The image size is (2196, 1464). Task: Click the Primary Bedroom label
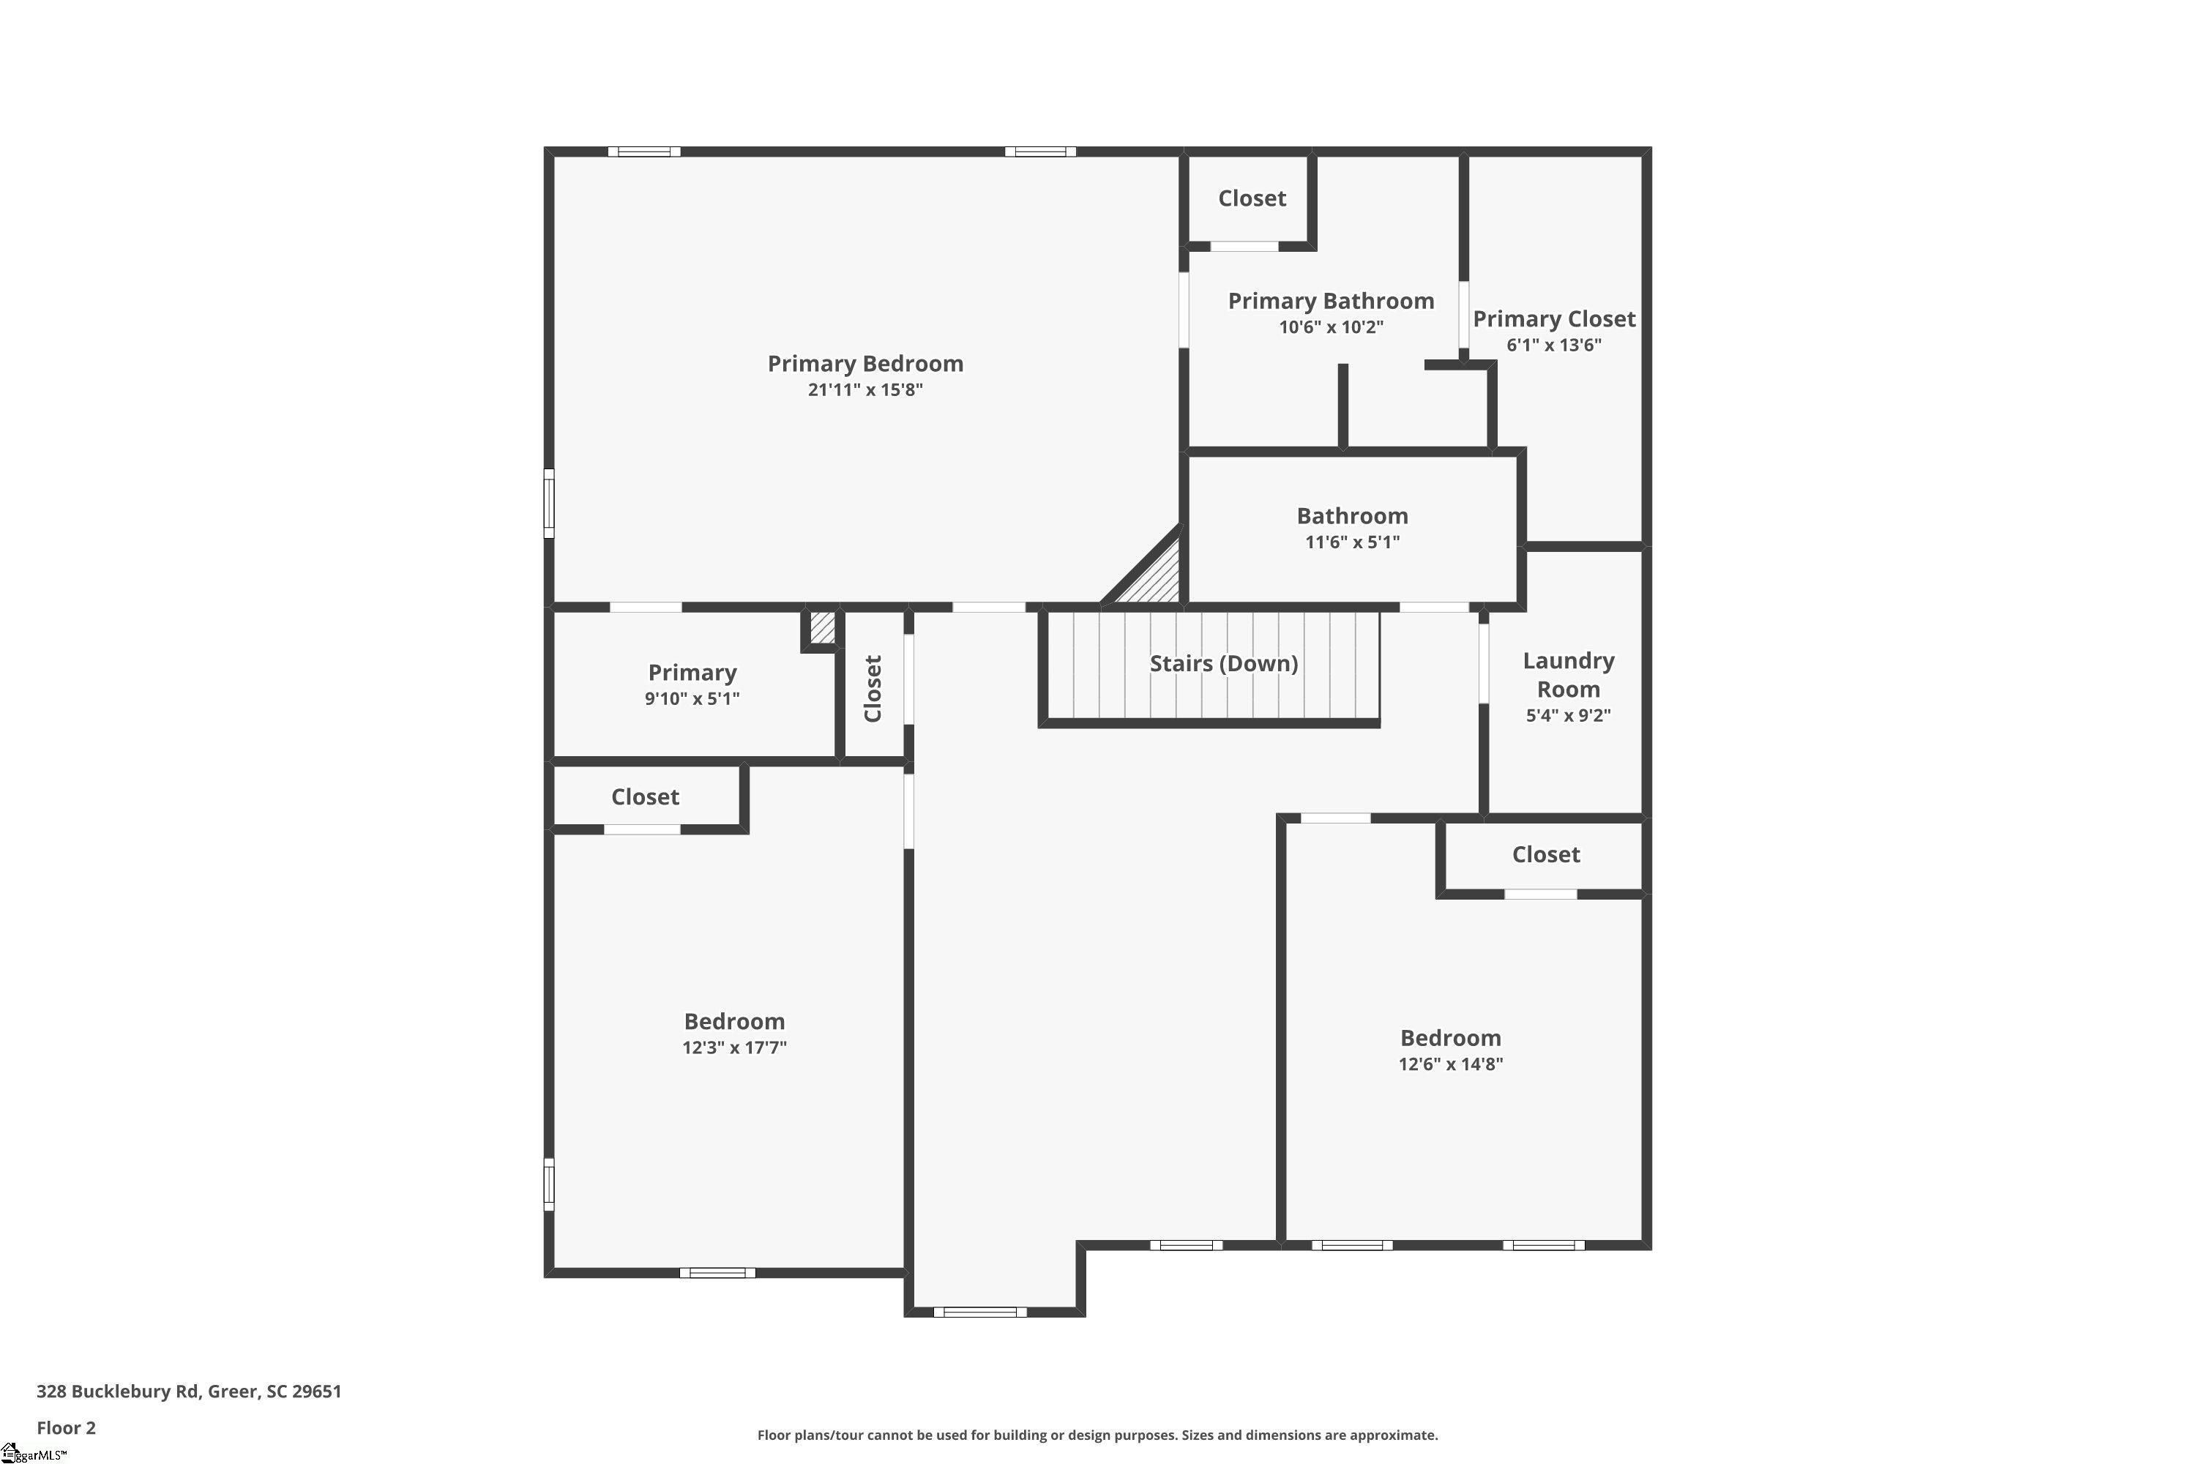point(864,363)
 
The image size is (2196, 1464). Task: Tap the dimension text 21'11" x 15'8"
point(864,390)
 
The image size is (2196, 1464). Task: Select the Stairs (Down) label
point(1223,663)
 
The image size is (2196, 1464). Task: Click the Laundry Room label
point(1568,675)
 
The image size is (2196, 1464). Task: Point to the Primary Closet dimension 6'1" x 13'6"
point(1553,346)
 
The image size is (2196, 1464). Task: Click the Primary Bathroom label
point(1331,301)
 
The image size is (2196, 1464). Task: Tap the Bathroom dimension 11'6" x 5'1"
point(1352,542)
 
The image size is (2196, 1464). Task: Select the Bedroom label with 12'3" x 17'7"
point(734,1020)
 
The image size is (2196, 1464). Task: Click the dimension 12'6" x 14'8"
point(1450,1064)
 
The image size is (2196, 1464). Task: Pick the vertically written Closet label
point(873,688)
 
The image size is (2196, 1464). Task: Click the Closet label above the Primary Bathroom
point(1251,198)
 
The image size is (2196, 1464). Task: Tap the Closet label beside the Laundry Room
point(1545,854)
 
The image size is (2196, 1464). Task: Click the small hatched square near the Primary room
point(821,627)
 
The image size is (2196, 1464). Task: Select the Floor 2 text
point(65,1427)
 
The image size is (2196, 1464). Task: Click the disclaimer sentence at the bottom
point(1097,1435)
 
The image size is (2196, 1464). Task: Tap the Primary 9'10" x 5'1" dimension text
point(692,699)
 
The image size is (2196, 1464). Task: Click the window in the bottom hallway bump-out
point(979,1312)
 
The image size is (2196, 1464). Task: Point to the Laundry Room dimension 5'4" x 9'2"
point(1568,716)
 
